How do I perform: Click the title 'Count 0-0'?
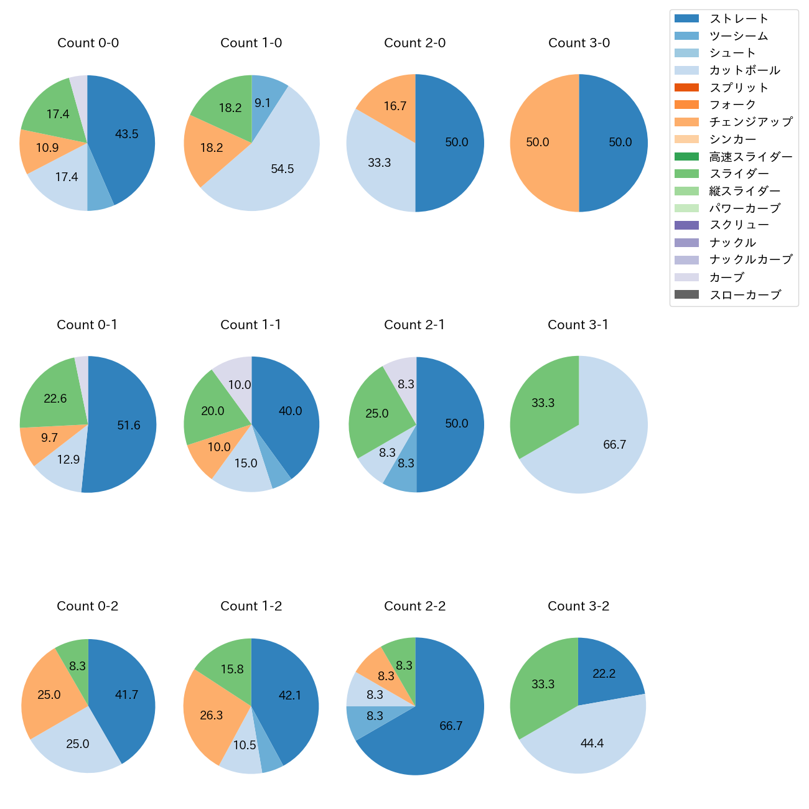pyautogui.click(x=88, y=43)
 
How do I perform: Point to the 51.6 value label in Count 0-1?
pyautogui.click(x=129, y=426)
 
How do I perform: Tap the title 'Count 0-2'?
pyautogui.click(x=88, y=606)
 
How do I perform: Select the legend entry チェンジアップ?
pyautogui.click(x=751, y=122)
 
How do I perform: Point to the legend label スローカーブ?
pyautogui.click(x=745, y=295)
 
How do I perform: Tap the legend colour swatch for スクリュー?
pyautogui.click(x=686, y=225)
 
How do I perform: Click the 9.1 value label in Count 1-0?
pyautogui.click(x=263, y=103)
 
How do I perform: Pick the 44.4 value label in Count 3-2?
pyautogui.click(x=592, y=743)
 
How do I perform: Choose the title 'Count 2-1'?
pyautogui.click(x=414, y=325)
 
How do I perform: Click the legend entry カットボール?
pyautogui.click(x=744, y=70)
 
